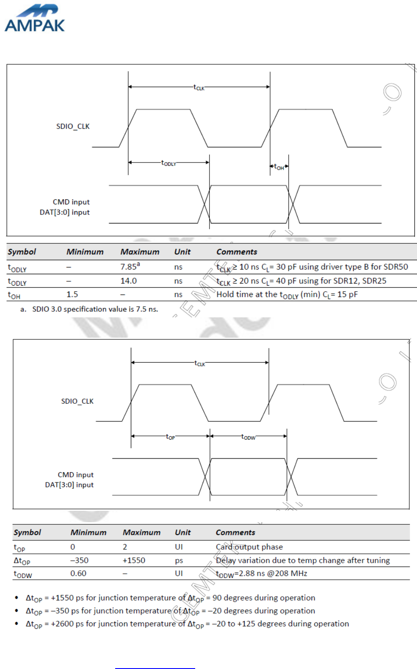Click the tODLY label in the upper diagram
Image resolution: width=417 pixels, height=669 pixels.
(x=168, y=163)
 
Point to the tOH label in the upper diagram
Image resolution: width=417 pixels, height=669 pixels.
(x=279, y=167)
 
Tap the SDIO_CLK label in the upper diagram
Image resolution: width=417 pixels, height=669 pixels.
(x=73, y=126)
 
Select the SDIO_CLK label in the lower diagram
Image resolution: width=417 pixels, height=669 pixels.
(x=77, y=401)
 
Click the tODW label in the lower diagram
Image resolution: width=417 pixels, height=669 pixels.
(x=248, y=437)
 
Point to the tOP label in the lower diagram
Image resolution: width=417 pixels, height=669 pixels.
(x=170, y=437)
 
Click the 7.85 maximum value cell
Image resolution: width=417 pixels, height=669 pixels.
(x=130, y=267)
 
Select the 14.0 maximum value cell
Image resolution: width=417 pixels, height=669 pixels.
(x=128, y=281)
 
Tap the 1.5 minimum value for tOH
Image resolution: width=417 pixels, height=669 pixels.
(x=72, y=295)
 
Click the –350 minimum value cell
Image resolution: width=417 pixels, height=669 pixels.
(x=79, y=560)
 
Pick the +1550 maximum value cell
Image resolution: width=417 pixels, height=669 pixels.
(x=134, y=560)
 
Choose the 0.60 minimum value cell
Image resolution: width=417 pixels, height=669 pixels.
(x=78, y=573)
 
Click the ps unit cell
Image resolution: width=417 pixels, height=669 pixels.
(x=179, y=560)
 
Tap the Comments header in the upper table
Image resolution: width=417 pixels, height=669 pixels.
(x=237, y=252)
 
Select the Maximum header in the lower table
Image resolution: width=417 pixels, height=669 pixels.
(x=141, y=532)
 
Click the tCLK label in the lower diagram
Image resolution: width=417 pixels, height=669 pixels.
(x=200, y=363)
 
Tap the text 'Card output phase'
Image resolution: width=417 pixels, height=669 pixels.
(x=249, y=547)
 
